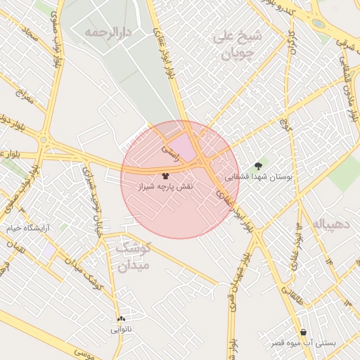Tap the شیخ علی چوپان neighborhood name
click(237, 43)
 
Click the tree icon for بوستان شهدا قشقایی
click(259, 166)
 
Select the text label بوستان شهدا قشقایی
click(257, 178)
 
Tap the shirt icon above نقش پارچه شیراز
click(165, 176)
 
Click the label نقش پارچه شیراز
click(165, 187)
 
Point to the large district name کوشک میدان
click(129, 257)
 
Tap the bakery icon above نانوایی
click(122, 318)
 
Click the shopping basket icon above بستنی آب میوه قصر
click(303, 332)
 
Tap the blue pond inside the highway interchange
click(318, 22)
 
